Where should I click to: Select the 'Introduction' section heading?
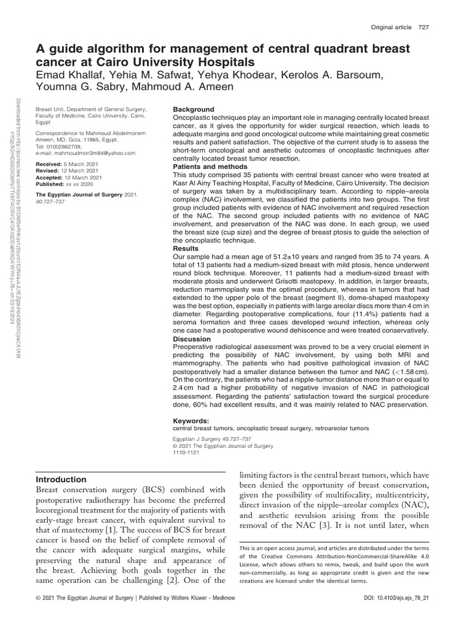pos(61,479)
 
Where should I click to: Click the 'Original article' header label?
pos(391,26)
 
